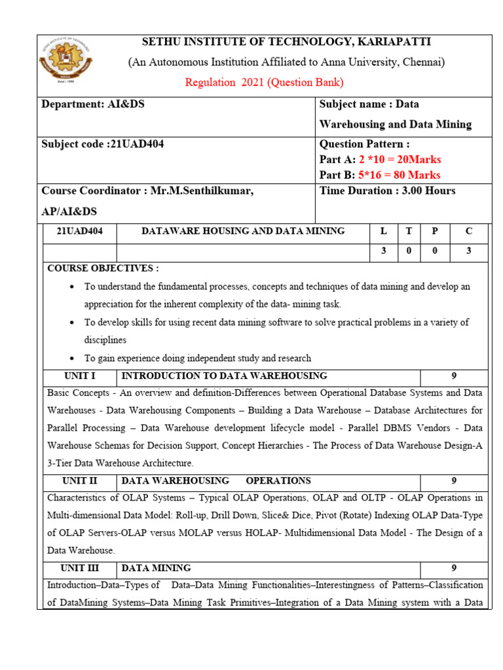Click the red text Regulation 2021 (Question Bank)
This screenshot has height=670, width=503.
[x=264, y=82]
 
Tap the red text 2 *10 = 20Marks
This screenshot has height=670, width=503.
[x=400, y=160]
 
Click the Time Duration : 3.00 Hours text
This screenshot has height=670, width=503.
[x=387, y=191]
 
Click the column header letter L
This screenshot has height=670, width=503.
[x=384, y=231]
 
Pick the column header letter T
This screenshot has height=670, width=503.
[x=409, y=231]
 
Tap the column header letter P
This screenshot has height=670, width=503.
[x=434, y=231]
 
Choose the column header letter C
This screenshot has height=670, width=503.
[x=468, y=231]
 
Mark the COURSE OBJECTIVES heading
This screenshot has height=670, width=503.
[x=103, y=268]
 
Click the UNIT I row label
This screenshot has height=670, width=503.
[x=80, y=376]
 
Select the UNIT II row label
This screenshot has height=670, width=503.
[x=80, y=480]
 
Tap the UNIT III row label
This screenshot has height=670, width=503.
[x=80, y=568]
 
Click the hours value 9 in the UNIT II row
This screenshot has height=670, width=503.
[x=454, y=480]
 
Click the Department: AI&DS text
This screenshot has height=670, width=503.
[x=93, y=105]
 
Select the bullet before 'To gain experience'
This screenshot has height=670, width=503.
[x=71, y=359]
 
